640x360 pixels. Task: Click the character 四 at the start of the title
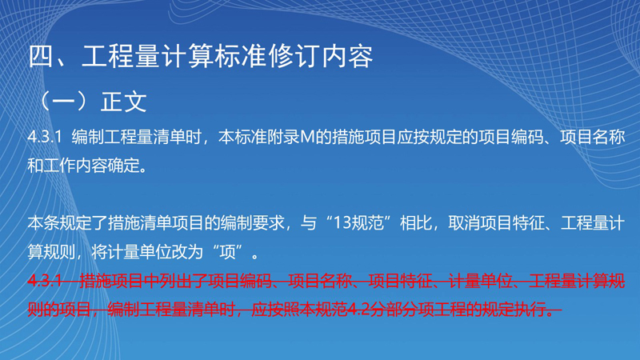42,56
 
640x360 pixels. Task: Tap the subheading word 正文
124,102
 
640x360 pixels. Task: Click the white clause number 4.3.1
45,137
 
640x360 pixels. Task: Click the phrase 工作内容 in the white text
76,166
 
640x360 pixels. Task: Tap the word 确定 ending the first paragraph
124,166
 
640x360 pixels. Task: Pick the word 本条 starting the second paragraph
44,223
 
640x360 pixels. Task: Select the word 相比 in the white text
416,223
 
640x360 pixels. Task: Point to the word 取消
464,223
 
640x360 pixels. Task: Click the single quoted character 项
228,252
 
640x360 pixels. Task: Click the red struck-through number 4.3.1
45,282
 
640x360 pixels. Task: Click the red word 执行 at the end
530,310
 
